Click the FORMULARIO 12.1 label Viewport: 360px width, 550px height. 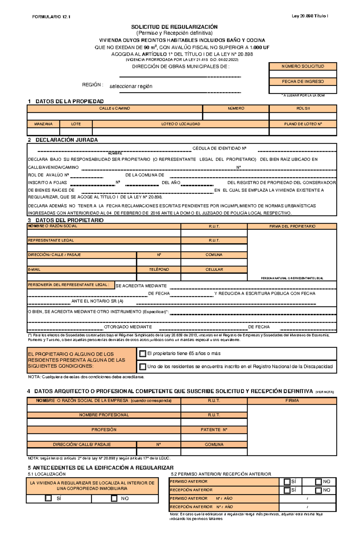[x=51, y=17]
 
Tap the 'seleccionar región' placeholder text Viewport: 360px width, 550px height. [x=131, y=86]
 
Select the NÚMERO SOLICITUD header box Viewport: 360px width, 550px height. [x=303, y=66]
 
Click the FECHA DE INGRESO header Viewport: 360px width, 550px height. [x=303, y=82]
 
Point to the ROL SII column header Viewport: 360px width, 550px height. [x=303, y=109]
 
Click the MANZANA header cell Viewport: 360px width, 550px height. [x=43, y=124]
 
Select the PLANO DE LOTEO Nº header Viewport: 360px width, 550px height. [x=303, y=124]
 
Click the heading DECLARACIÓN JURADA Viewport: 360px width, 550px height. [x=66, y=140]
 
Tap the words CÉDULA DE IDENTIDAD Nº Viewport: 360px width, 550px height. [x=219, y=148]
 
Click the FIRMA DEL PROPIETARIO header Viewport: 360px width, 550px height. [x=292, y=227]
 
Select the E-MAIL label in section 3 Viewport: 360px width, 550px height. [x=34, y=269]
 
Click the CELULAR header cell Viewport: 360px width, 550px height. [x=214, y=269]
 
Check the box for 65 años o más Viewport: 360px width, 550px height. [x=143, y=354]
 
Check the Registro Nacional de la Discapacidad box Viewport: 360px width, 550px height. [x=143, y=367]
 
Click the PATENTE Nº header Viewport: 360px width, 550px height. [x=214, y=430]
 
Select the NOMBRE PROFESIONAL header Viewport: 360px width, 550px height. [x=104, y=415]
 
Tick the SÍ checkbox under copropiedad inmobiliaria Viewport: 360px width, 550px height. [x=48, y=498]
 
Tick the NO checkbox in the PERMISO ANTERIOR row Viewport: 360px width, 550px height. [x=318, y=481]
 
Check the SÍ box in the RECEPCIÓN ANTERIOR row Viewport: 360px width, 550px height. [x=287, y=490]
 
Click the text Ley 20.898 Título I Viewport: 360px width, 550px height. [x=310, y=16]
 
